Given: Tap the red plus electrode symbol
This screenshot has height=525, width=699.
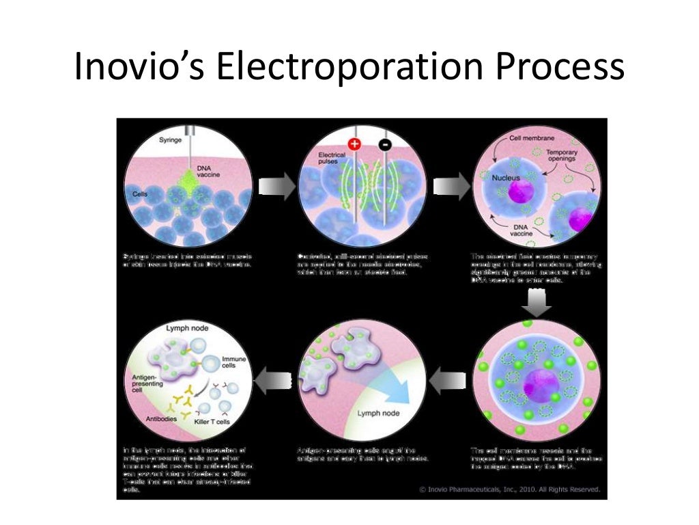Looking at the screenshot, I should point(354,144).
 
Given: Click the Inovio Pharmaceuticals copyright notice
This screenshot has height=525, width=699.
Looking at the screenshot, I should point(509,489).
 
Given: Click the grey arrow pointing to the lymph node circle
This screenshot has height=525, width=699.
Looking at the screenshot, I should point(270,375).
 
